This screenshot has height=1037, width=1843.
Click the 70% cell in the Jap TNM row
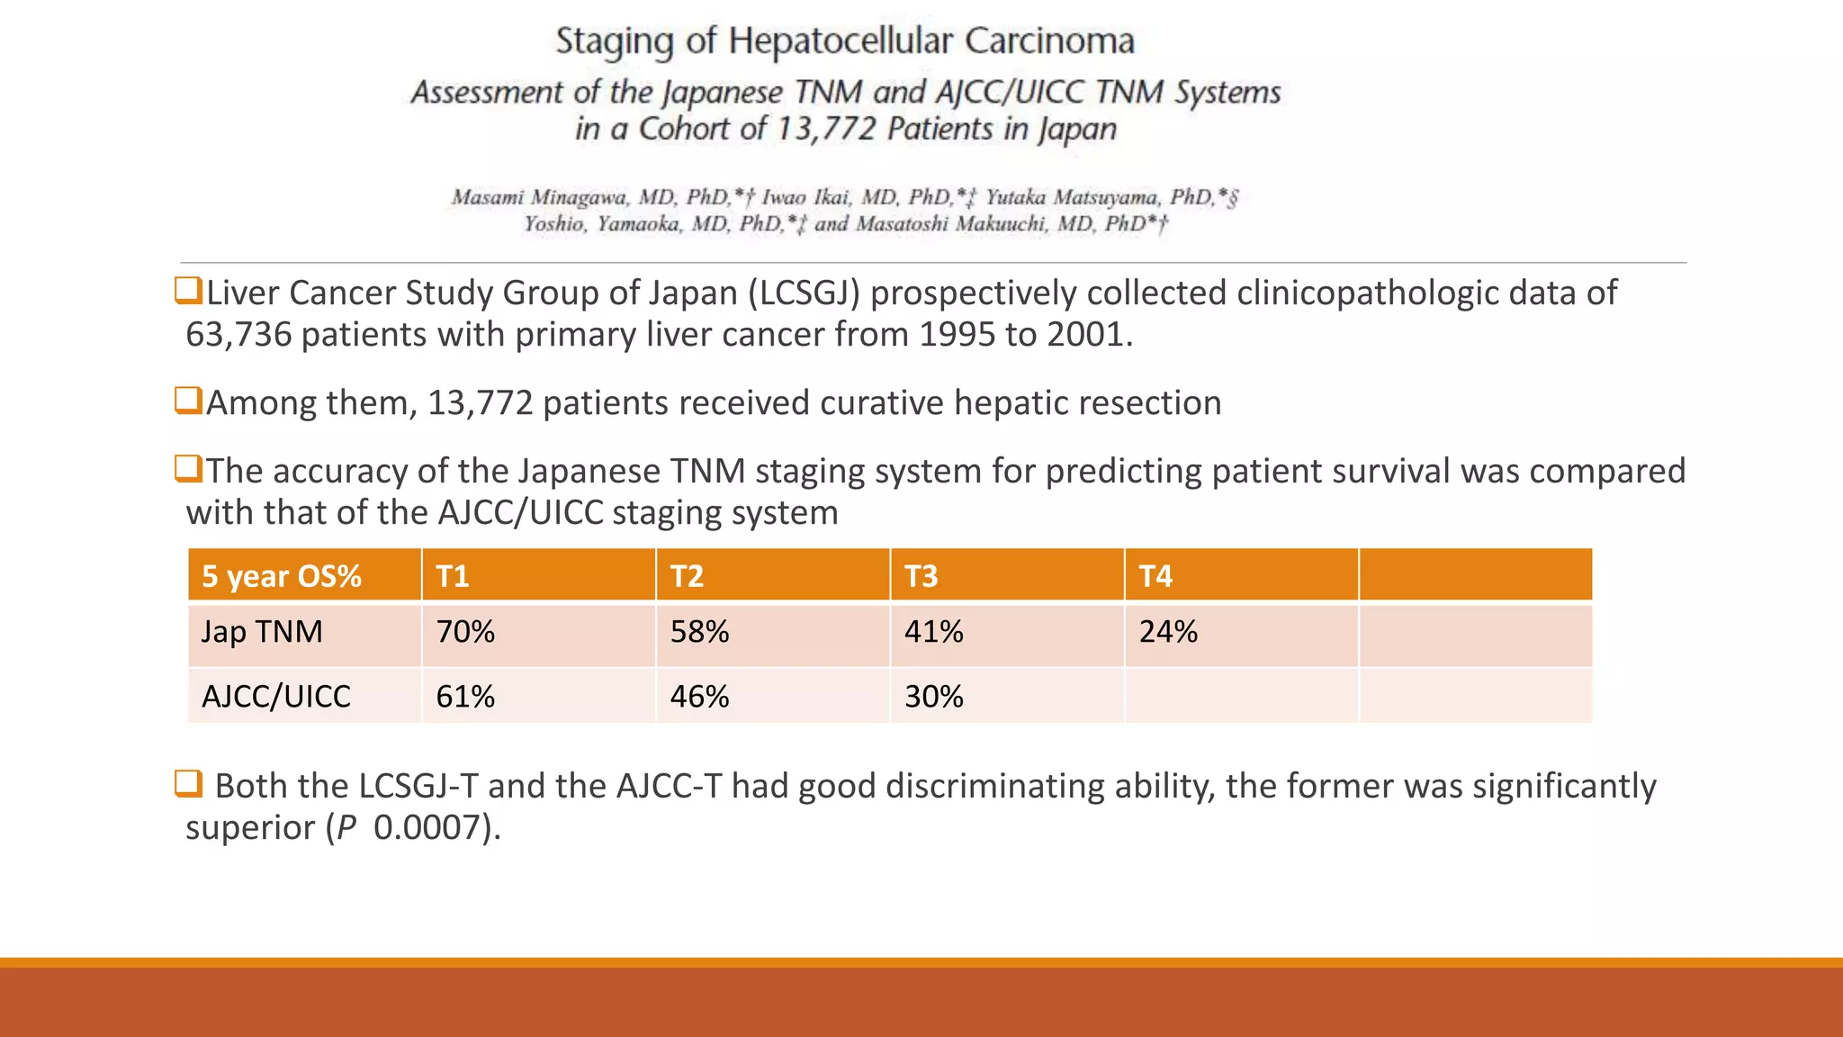pos(465,632)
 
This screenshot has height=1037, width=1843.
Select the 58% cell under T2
pos(699,632)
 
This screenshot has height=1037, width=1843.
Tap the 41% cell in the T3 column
pos(933,632)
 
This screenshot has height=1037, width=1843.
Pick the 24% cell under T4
pos(1168,632)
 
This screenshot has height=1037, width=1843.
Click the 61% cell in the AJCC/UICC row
pos(465,697)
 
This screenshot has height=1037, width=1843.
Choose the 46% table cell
pos(699,697)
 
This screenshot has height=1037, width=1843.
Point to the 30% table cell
pos(933,697)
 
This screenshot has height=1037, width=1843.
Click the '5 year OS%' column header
pos(282,576)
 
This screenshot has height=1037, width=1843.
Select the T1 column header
pos(453,576)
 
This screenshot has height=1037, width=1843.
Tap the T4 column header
pos(1155,576)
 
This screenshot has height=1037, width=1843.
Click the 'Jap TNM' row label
pos(262,632)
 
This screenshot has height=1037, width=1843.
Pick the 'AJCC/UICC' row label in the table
pos(276,697)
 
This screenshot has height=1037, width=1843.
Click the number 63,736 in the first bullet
pos(238,335)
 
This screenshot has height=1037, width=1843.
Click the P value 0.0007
pos(427,828)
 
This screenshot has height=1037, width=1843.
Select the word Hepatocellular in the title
pos(841,41)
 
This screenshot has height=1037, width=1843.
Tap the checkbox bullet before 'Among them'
pos(188,400)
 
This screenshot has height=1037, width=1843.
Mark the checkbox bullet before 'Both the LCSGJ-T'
pos(188,783)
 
